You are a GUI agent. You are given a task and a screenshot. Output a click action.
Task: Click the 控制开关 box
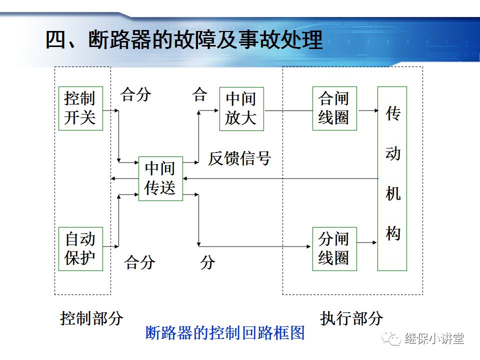80,108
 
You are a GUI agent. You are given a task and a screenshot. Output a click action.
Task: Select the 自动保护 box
80,248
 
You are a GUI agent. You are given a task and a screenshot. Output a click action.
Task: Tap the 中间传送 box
160,178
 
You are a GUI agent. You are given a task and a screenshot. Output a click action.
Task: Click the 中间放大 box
241,108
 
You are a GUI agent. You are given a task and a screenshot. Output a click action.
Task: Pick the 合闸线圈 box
334,108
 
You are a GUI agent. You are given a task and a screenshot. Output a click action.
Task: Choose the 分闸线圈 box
334,248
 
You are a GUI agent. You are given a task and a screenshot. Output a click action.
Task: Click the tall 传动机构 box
392,178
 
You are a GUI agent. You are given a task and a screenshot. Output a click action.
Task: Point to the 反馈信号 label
239,158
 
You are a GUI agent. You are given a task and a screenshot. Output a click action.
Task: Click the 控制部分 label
91,318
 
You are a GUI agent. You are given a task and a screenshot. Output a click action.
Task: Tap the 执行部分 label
351,318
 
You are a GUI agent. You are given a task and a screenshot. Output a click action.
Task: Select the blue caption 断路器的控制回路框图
225,333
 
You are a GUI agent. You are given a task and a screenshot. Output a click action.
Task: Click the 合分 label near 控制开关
135,95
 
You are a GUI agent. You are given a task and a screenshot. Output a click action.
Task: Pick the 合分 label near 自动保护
140,262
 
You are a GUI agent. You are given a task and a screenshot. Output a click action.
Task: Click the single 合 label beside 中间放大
199,95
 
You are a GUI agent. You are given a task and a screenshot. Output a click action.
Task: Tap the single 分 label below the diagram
208,262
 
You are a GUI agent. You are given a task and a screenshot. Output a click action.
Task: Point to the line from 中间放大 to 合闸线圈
287,110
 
